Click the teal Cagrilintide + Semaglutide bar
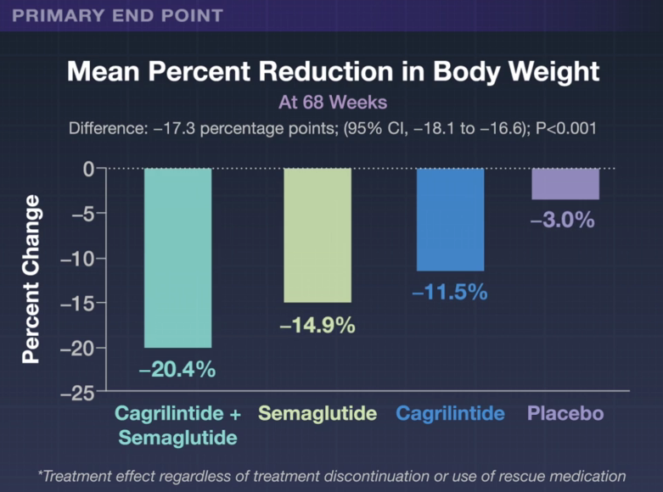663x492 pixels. point(177,258)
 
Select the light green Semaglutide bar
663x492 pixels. point(317,235)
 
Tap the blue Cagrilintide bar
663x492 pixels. point(450,220)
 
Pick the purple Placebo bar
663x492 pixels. point(565,184)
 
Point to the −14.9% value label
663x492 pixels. point(317,325)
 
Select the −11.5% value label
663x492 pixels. point(450,292)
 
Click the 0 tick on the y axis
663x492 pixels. point(87,169)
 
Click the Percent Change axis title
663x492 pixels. point(31,279)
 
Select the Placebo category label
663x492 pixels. point(565,415)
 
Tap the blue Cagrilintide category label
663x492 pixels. point(450,415)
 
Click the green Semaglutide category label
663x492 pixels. point(317,415)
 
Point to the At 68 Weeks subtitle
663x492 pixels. point(332,103)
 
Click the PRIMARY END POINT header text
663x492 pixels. point(119,15)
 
